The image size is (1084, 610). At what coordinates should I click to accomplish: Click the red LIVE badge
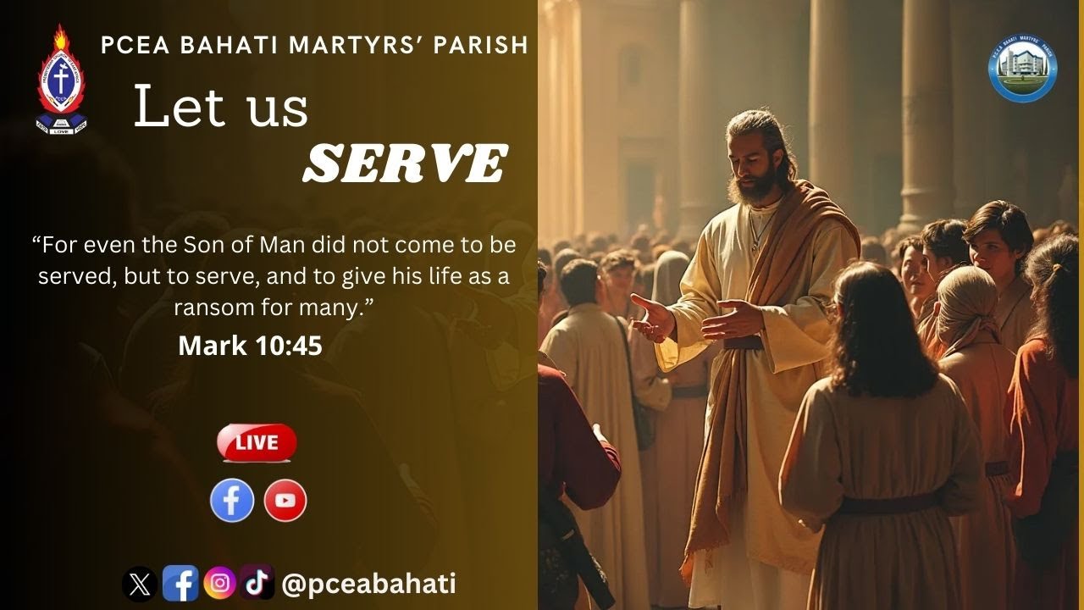tap(257, 442)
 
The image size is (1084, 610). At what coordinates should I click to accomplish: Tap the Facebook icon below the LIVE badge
tap(232, 500)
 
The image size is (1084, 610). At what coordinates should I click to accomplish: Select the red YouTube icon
tap(285, 500)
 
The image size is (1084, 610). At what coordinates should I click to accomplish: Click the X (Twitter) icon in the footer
tap(139, 583)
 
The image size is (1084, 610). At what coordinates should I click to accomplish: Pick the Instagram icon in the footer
tap(219, 583)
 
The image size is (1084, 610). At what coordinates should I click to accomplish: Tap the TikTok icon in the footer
tap(257, 582)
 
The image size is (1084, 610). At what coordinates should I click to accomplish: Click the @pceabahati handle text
tap(368, 583)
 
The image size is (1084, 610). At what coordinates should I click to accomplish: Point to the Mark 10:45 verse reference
tap(250, 345)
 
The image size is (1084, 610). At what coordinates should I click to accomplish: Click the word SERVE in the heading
tap(405, 164)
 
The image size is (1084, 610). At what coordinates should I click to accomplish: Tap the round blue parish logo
tap(1023, 69)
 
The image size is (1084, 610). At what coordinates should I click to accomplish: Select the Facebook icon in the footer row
tap(180, 583)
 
